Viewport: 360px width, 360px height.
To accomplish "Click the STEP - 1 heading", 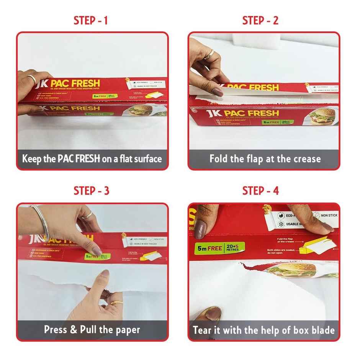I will click(90, 21).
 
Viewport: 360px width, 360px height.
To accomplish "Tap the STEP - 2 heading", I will click(260, 21).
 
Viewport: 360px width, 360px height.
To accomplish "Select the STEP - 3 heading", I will click(91, 190).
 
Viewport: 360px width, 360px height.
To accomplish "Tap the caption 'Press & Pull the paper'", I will click(92, 329).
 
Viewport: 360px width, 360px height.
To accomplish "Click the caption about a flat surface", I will click(92, 159).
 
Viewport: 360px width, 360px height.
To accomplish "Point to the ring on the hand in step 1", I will click(33, 79).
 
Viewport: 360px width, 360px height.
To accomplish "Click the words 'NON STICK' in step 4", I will click(329, 216).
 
